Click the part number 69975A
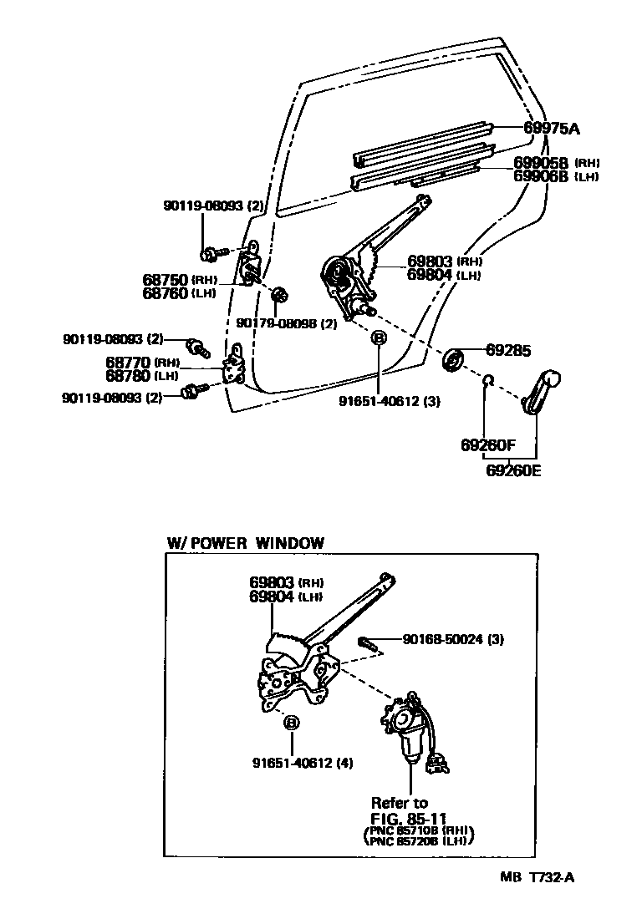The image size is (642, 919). pos(552,128)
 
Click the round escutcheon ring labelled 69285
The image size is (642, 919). pos(455,359)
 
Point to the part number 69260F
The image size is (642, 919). pos(488,444)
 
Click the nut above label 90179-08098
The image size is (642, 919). pos(281,294)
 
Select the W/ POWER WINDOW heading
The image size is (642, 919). pos(245,543)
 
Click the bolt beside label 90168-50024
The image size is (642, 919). pos(369,643)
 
